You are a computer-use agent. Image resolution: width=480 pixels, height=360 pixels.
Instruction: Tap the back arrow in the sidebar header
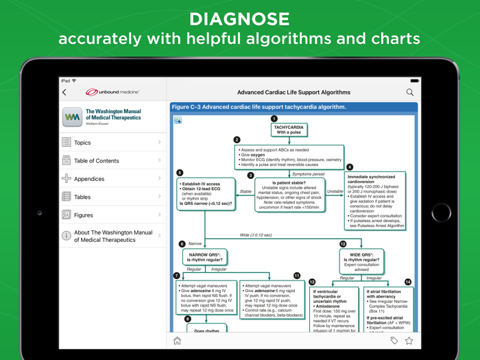tap(65, 92)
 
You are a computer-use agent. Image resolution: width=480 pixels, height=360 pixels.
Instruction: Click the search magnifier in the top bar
tap(410, 92)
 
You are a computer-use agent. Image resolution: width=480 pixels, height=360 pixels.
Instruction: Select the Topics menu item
tap(82, 143)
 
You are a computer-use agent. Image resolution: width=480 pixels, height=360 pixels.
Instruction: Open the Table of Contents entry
tap(97, 160)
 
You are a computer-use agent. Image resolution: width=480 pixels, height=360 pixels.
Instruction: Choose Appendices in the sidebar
tap(89, 179)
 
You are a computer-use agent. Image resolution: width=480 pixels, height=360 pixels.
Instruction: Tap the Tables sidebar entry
tap(82, 197)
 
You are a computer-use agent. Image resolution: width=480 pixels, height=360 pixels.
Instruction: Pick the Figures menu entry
tap(84, 215)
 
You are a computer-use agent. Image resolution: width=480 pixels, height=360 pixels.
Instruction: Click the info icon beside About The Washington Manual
tap(67, 236)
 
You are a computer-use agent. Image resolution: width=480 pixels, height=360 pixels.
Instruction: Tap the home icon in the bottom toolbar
tap(177, 341)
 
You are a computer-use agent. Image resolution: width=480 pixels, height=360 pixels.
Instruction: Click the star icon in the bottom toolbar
tap(409, 341)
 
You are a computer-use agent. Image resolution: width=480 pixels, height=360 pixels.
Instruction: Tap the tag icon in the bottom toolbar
tap(394, 341)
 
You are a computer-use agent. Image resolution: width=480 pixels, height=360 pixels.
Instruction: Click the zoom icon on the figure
tap(178, 120)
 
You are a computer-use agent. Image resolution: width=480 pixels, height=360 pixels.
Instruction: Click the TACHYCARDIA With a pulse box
tap(289, 130)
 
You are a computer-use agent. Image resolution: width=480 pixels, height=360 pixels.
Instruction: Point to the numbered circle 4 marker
tap(350, 167)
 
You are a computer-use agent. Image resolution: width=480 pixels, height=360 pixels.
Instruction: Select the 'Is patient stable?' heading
tap(289, 183)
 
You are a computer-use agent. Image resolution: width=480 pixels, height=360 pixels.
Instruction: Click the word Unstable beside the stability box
tap(335, 192)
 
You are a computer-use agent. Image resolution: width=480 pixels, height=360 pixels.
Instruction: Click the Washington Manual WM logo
tap(72, 117)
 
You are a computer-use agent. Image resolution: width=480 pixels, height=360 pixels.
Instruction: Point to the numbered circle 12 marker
tap(343, 244)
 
